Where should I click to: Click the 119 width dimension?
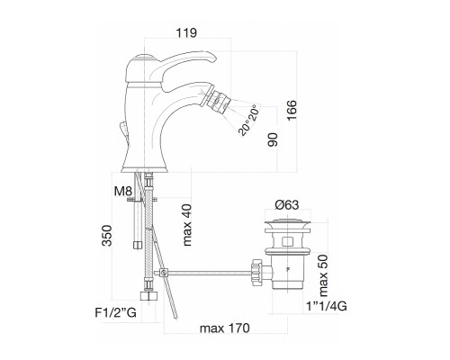186,33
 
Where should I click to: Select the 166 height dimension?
292,110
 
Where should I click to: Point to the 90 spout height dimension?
273,139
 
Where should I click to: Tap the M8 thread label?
123,191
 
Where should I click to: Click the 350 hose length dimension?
106,236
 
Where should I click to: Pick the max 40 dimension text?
187,225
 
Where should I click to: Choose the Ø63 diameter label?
287,205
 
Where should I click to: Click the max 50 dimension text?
323,275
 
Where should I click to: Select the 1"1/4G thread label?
327,306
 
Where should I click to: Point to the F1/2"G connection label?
116,313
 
